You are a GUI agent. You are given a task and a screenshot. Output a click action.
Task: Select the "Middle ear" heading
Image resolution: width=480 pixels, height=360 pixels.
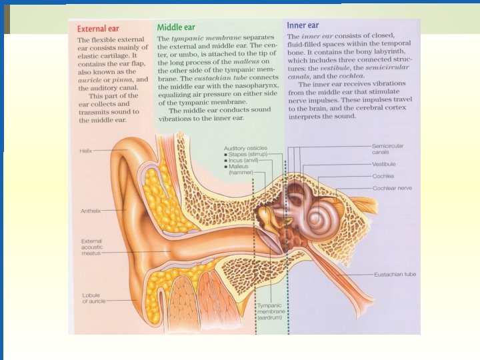click(x=176, y=28)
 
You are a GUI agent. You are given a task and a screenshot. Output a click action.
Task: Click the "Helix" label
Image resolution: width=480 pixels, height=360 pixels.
click(x=85, y=151)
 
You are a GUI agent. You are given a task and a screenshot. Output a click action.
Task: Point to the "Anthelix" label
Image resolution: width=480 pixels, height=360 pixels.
click(x=91, y=211)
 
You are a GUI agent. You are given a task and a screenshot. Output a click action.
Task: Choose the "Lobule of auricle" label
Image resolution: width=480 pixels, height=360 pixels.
click(x=94, y=298)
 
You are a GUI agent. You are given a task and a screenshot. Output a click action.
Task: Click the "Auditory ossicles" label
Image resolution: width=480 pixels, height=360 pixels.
click(x=245, y=147)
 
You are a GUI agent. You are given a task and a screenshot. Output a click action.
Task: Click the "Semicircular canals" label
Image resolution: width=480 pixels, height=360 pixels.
click(x=388, y=149)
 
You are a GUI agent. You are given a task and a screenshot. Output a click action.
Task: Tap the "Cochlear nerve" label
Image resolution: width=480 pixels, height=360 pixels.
click(x=393, y=189)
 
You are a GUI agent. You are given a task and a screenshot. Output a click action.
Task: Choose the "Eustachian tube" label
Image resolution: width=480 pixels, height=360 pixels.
click(x=395, y=274)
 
